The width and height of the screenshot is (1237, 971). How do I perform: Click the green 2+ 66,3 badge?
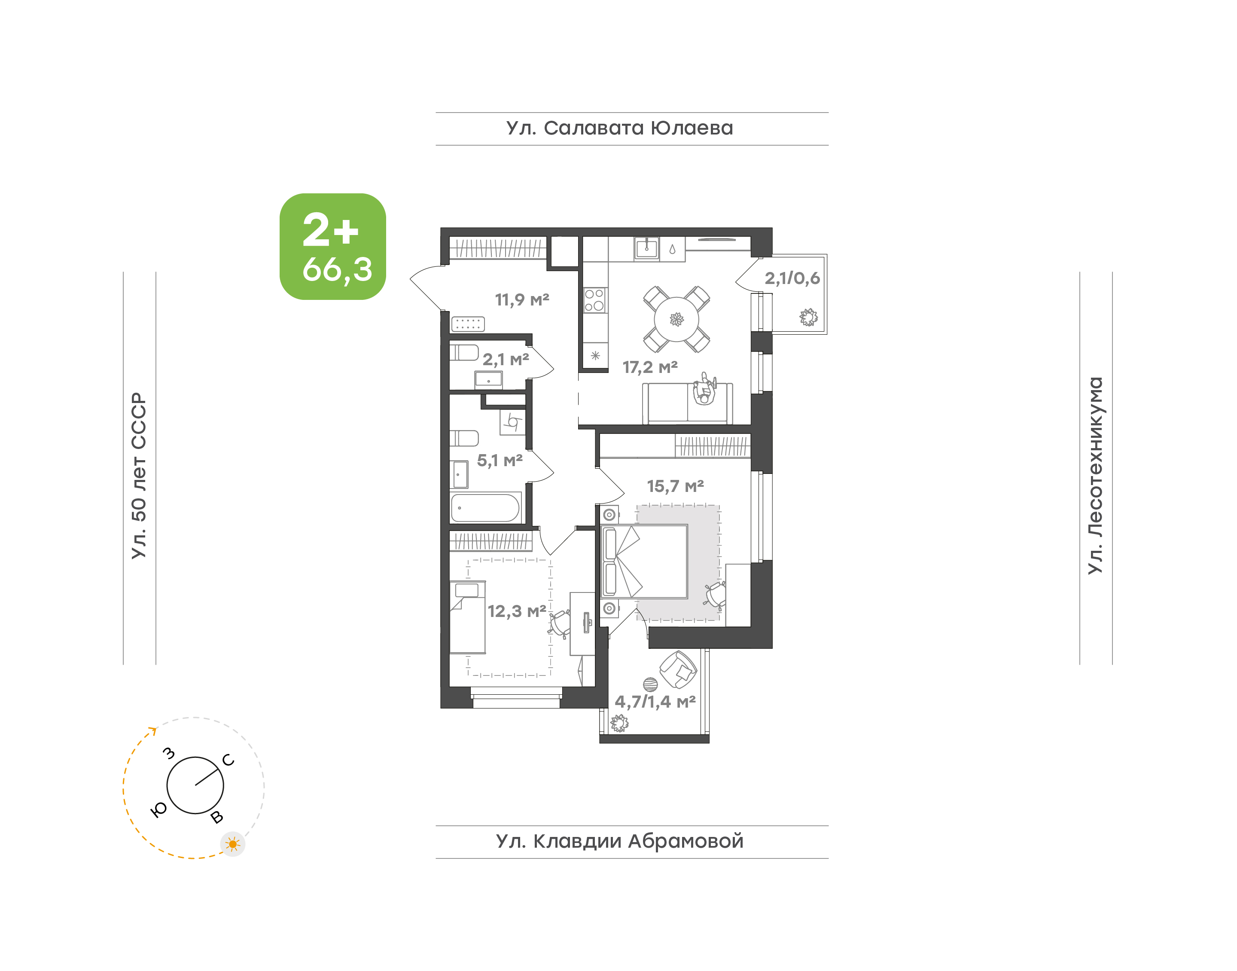tap(332, 246)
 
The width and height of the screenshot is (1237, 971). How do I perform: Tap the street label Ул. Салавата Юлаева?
tap(619, 128)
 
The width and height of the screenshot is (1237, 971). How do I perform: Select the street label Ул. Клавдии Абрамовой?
tap(619, 841)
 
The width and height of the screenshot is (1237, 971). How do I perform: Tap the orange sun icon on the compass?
tap(232, 844)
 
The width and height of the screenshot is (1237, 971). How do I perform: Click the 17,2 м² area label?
tap(650, 367)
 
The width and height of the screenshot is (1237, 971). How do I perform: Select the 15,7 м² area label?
tap(675, 486)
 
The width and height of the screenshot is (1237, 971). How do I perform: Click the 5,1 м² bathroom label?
tap(500, 461)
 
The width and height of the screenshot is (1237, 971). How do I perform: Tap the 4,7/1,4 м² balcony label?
tap(655, 702)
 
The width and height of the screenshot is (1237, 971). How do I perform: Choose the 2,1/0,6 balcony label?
tap(792, 278)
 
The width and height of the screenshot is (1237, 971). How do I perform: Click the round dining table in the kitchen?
tap(676, 319)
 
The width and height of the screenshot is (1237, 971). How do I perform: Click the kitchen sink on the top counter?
tap(646, 248)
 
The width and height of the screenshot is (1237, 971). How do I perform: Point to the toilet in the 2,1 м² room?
tap(464, 352)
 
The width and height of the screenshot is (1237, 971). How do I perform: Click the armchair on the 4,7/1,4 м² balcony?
tap(678, 670)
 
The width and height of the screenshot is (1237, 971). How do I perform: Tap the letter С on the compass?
tap(228, 760)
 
